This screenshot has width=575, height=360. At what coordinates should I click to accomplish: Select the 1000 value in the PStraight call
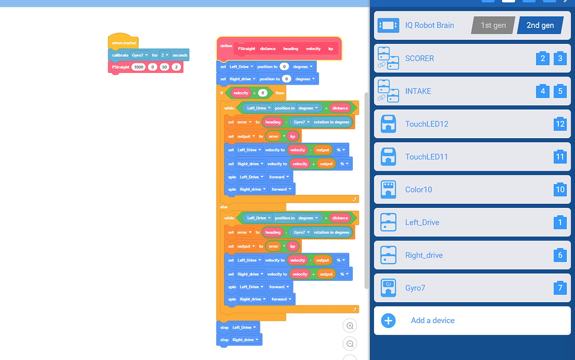[139, 67]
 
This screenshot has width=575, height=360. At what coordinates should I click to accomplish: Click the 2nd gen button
[540, 25]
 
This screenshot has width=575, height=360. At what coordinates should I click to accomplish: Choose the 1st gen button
[493, 25]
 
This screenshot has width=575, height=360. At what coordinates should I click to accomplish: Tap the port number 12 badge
[560, 124]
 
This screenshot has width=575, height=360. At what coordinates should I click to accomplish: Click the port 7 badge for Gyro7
[560, 288]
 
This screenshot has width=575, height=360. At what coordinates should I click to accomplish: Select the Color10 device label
[418, 189]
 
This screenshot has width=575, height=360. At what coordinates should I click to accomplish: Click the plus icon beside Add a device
[389, 321]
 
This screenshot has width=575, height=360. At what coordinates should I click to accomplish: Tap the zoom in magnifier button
[350, 326]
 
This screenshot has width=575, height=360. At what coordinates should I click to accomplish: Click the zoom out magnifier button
[350, 344]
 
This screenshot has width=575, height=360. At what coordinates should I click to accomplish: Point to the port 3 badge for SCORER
[560, 58]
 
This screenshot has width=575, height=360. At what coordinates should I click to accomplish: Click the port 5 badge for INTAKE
[560, 91]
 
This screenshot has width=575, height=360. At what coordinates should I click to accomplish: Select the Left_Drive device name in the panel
[422, 222]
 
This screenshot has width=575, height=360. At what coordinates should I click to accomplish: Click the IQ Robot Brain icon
[389, 25]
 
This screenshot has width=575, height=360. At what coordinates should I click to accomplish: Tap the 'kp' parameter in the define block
[331, 49]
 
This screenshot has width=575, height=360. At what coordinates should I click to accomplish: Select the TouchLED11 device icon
[388, 157]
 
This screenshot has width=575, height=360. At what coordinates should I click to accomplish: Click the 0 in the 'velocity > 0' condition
[263, 93]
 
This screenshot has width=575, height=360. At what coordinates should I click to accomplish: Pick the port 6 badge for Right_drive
[560, 255]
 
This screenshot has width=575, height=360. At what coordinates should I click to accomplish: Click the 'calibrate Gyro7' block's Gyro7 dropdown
[140, 56]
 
